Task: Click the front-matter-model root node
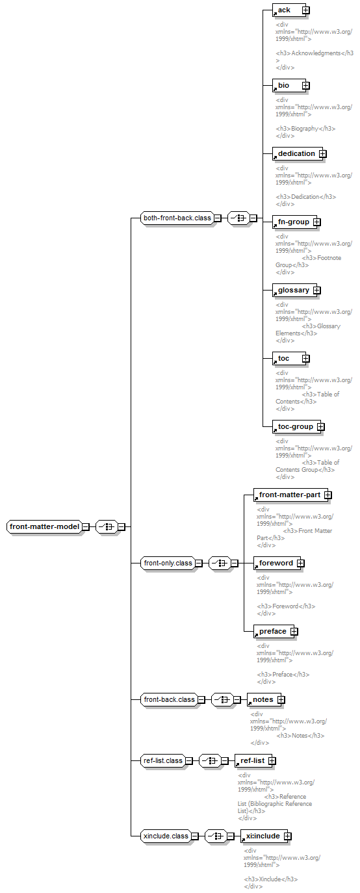(45, 526)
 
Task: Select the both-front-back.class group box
(177, 218)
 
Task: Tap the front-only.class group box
(168, 563)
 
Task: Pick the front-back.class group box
(169, 699)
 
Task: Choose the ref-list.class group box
(162, 760)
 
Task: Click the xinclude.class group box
(166, 836)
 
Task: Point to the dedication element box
(298, 153)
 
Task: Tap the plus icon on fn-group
(317, 222)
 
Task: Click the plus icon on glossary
(317, 291)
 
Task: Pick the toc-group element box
(296, 426)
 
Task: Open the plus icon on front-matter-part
(328, 495)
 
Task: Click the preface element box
(274, 631)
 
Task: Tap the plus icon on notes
(281, 699)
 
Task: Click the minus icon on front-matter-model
(86, 526)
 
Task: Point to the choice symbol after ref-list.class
(210, 760)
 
